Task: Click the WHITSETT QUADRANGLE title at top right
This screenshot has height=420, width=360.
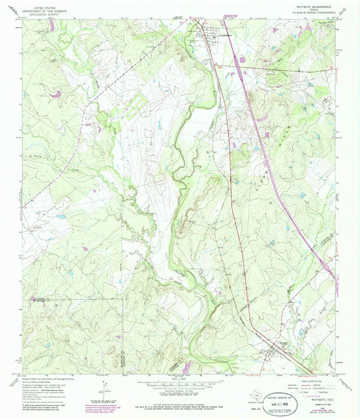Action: pyautogui.click(x=310, y=4)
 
